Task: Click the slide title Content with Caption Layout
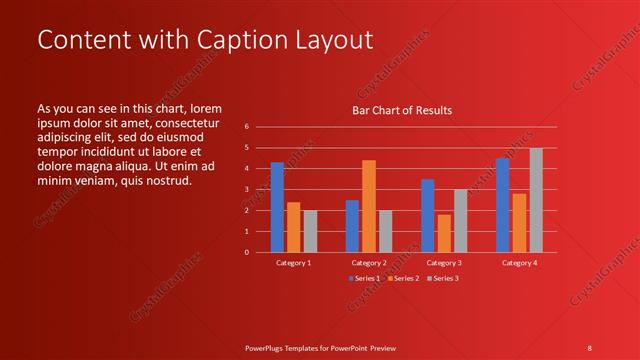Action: [205, 40]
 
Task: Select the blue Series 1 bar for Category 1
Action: [277, 207]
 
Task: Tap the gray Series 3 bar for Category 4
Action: [536, 200]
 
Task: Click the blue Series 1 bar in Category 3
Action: [427, 215]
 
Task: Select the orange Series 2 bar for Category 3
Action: [444, 233]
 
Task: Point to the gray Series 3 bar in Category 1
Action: [310, 231]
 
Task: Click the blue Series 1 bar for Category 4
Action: [502, 205]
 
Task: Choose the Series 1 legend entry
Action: [364, 277]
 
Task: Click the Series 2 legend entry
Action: [402, 277]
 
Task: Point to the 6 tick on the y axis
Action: [247, 127]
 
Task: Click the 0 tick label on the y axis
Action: [247, 252]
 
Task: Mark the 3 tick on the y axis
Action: [247, 190]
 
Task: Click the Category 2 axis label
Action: [369, 262]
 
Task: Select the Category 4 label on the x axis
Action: [519, 262]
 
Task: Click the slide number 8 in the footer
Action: [590, 347]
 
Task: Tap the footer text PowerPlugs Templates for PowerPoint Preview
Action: [320, 347]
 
